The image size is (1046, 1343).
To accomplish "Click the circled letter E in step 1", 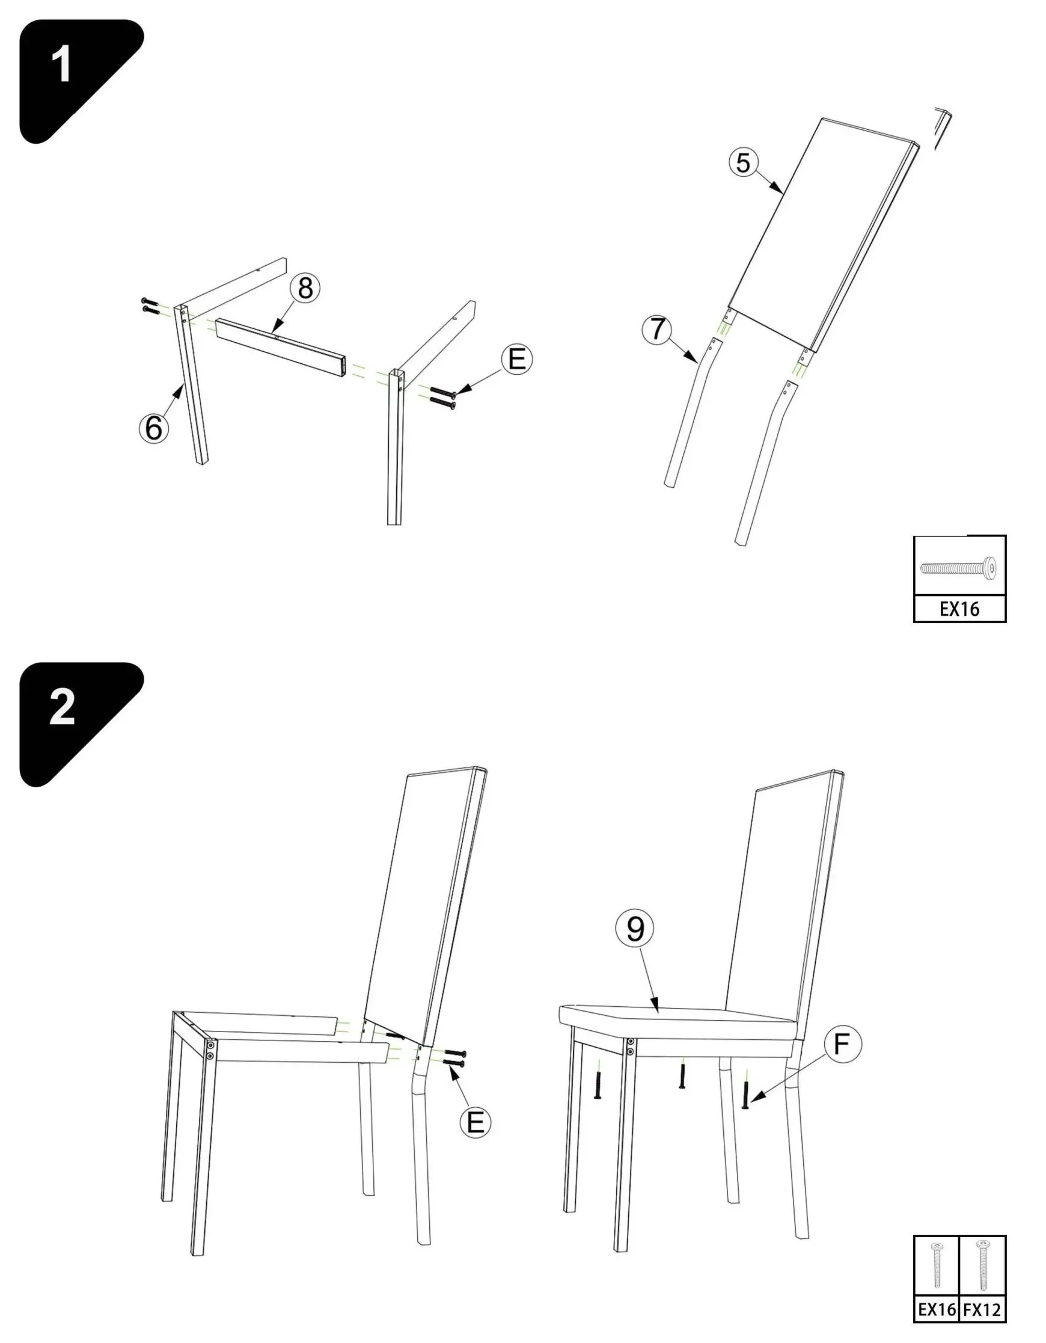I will tap(517, 359).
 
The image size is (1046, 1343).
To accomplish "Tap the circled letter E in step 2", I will tap(476, 1123).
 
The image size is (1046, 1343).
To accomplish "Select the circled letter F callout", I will tap(842, 1044).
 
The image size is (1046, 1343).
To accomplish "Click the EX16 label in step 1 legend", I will tap(959, 609).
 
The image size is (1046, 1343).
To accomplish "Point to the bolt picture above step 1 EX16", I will tap(959, 567).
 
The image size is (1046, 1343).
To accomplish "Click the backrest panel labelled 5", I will tap(824, 234).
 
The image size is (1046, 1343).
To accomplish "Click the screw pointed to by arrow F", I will tap(745, 1094).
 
